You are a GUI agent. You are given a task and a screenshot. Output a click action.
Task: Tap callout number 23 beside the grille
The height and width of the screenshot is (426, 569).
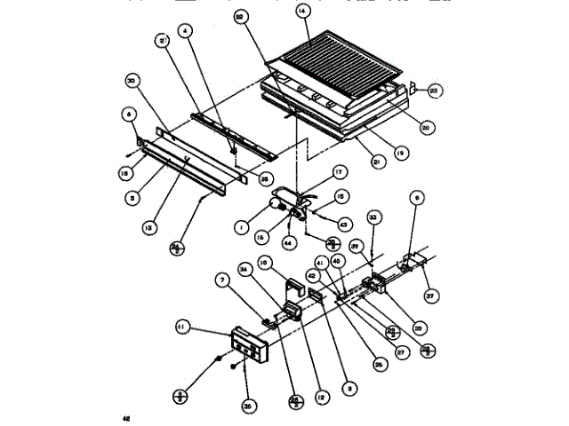(434, 89)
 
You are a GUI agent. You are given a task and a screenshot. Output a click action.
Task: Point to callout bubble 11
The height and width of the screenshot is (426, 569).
(183, 327)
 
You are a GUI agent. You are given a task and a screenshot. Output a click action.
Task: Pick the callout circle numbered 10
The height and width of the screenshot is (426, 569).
(264, 263)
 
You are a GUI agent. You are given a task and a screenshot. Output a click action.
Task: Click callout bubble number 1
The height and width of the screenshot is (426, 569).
(243, 226)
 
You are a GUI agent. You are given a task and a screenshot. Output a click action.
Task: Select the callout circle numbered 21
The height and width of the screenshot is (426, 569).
(356, 162)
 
